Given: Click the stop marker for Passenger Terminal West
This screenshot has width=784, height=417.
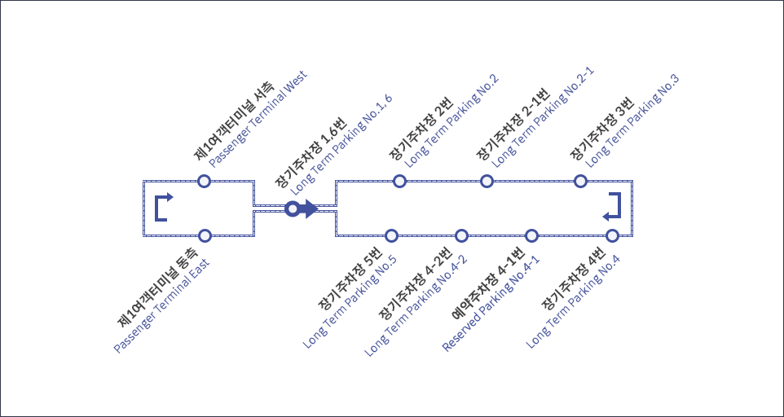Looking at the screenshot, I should click(205, 181).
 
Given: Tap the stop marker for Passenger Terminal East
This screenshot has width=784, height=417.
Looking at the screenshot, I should click(205, 235).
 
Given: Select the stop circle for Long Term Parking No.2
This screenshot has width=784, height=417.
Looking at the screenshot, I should click(399, 181).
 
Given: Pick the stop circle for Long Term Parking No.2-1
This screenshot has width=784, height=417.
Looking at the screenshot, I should click(487, 181).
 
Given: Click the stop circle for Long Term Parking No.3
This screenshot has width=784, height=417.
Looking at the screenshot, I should click(580, 181).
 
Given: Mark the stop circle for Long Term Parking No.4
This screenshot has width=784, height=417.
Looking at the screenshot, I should click(612, 235).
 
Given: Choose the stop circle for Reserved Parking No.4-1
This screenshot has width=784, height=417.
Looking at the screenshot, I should click(532, 235).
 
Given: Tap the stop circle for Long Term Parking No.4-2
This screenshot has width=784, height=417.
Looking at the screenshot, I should click(461, 235).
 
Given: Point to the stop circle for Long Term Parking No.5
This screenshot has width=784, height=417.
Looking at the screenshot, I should click(391, 235).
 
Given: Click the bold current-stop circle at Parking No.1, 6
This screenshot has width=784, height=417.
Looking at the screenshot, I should click(292, 209).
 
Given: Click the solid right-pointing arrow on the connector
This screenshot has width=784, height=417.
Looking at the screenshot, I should click(308, 209).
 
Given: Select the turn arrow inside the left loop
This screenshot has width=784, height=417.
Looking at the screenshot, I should click(163, 207).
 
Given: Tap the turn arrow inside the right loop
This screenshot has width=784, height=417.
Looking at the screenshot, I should click(613, 207).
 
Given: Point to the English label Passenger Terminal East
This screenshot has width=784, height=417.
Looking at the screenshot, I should click(161, 305).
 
